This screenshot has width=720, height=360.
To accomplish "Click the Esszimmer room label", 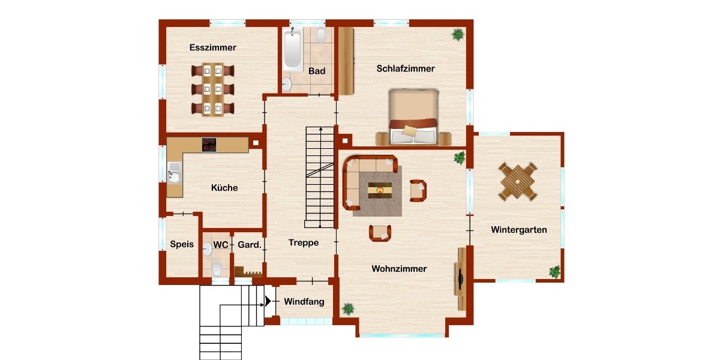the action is [213, 47].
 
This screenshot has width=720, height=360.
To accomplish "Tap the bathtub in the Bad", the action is [293, 49].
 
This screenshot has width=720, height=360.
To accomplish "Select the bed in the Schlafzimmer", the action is [413, 116].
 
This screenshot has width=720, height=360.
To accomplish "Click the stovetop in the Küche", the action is [209, 145].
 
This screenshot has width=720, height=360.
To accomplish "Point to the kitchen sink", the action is [174, 173].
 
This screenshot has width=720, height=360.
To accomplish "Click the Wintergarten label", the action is [519, 230].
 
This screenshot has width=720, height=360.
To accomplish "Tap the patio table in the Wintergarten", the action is [517, 182].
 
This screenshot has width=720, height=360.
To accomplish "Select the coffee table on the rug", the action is [380, 190].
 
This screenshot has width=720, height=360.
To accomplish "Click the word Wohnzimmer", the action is [399, 269].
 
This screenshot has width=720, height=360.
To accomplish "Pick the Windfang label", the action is [304, 302].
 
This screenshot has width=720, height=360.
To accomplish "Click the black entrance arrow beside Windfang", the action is [268, 301].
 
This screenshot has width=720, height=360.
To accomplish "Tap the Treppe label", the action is [304, 242].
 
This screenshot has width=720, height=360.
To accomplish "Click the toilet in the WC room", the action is [217, 269].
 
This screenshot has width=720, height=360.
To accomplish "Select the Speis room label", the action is [182, 244].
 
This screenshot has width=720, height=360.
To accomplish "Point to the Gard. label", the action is [250, 245].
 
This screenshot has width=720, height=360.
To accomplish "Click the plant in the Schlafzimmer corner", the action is [458, 34].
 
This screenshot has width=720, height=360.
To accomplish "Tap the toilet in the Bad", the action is [321, 35].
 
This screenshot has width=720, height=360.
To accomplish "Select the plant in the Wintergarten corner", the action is [554, 272].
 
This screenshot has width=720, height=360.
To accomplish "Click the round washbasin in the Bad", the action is [286, 84].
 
